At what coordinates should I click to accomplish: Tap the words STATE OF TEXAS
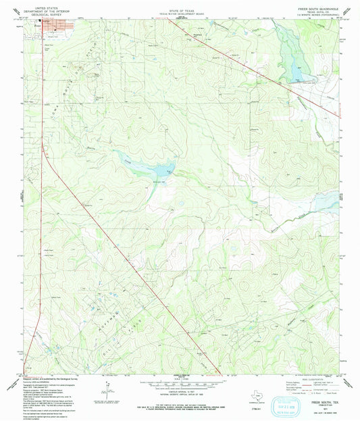(180, 8)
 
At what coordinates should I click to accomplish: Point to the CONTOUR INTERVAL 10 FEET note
(180, 393)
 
